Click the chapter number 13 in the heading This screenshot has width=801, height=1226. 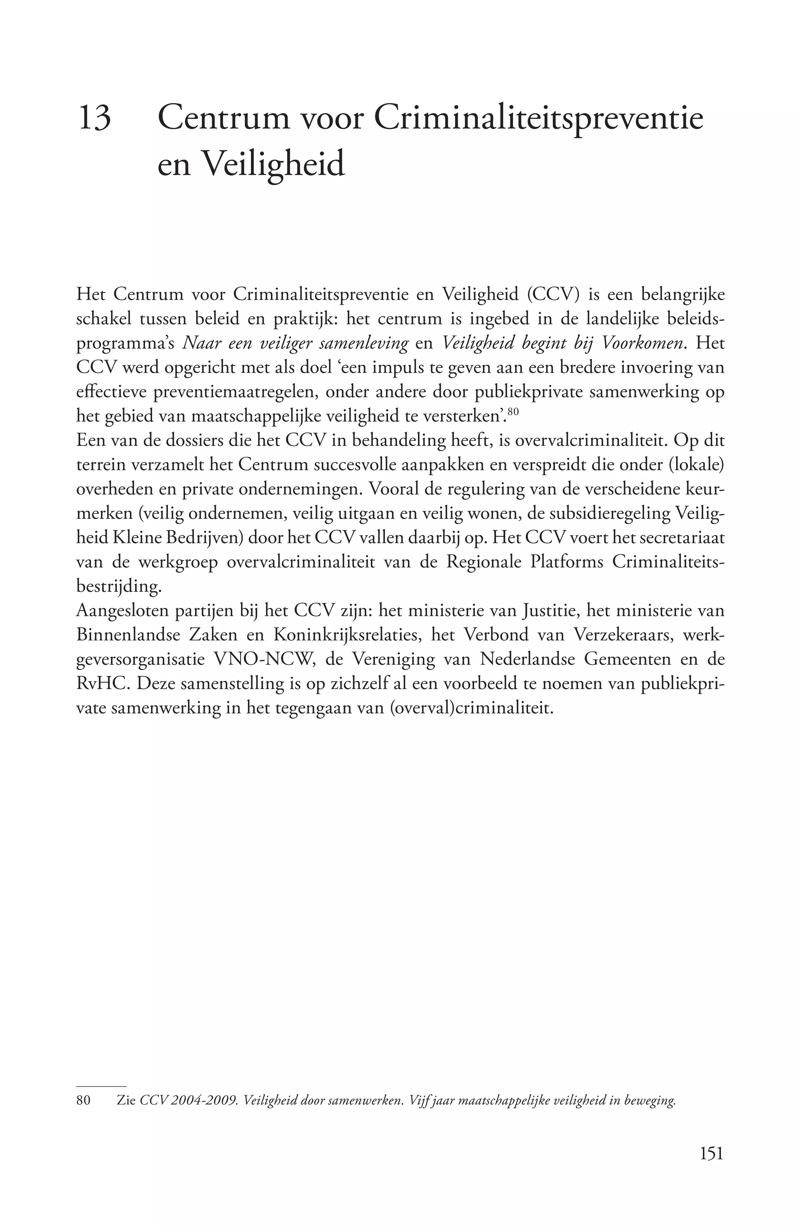click(x=95, y=118)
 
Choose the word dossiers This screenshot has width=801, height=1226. click(x=178, y=441)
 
